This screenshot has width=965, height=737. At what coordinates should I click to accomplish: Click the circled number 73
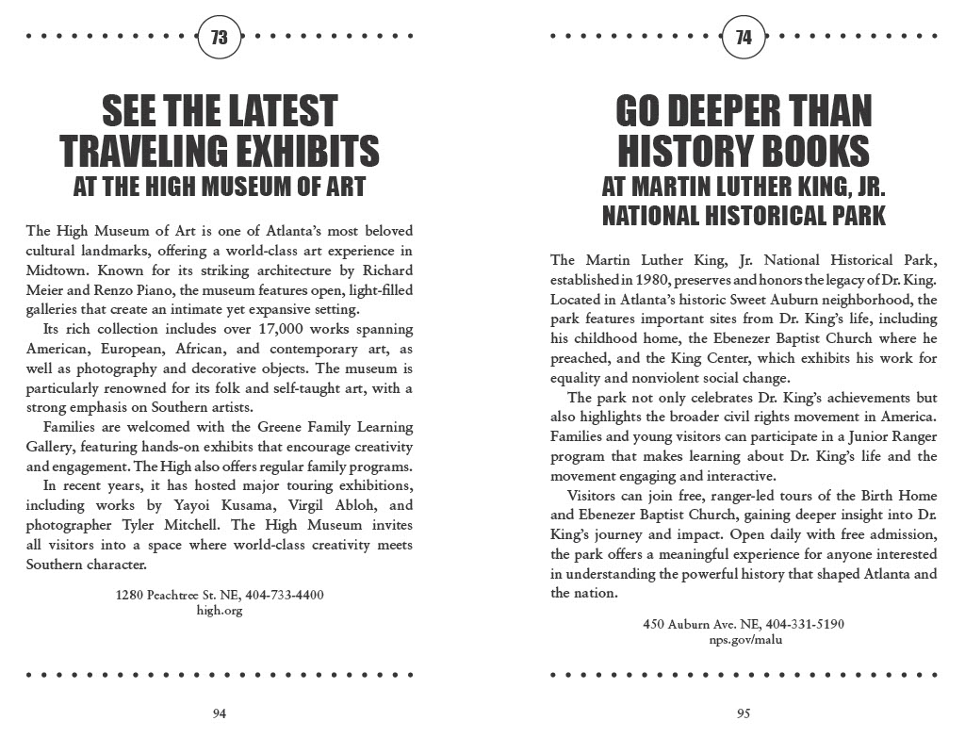click(220, 38)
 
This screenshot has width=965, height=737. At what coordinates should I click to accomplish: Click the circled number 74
click(744, 38)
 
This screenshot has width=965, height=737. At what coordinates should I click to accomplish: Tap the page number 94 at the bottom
click(219, 713)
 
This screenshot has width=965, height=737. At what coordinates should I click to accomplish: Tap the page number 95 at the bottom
click(744, 713)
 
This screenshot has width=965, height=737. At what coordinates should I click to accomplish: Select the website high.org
click(220, 610)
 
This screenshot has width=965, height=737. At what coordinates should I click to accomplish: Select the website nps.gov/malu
click(744, 640)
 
